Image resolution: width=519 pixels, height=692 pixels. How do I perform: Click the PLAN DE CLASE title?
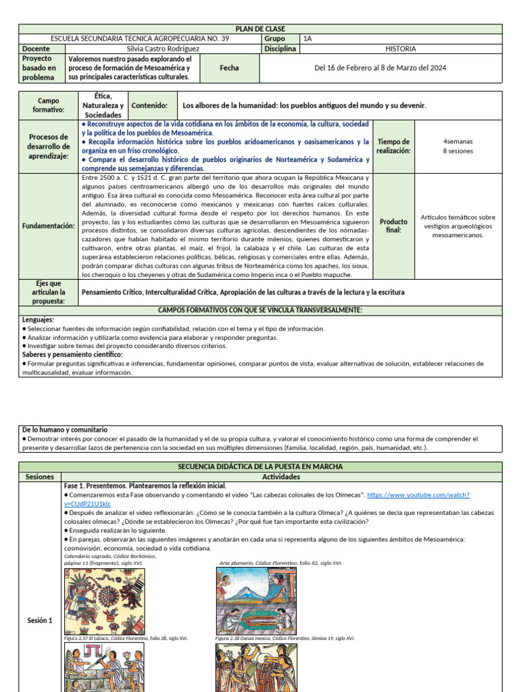pyautogui.click(x=259, y=29)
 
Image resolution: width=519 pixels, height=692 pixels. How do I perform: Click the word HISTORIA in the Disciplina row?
pyautogui.click(x=400, y=49)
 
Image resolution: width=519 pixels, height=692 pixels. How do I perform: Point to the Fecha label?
pyautogui.click(x=230, y=68)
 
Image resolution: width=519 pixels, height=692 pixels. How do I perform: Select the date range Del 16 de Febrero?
pyautogui.click(x=380, y=68)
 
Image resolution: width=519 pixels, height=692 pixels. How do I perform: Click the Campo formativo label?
pyautogui.click(x=48, y=105)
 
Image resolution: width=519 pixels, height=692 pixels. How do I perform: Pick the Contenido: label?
pyautogui.click(x=149, y=106)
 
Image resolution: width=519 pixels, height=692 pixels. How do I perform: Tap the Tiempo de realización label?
pyautogui.click(x=393, y=146)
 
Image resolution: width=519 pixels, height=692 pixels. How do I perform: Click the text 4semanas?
pyautogui.click(x=458, y=141)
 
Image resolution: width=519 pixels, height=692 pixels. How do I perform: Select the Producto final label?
pyautogui.click(x=393, y=226)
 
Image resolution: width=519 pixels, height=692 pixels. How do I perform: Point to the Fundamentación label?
pyautogui.click(x=48, y=226)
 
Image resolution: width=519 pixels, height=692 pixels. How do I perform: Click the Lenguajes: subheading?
pyautogui.click(x=39, y=319)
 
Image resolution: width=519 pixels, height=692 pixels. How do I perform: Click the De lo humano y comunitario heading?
pyautogui.click(x=65, y=430)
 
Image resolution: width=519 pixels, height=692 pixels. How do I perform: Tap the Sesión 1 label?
pyautogui.click(x=40, y=620)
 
